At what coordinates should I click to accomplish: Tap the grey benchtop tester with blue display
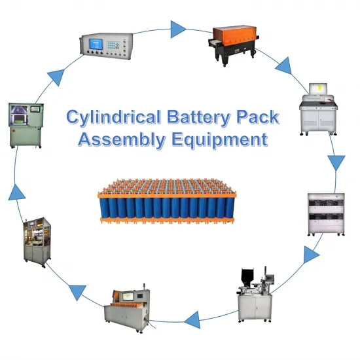coord(108,45)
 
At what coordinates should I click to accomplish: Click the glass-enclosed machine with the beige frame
coord(40,239)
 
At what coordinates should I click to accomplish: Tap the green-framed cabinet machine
coord(24,124)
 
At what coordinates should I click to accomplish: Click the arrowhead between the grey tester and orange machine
coord(177,27)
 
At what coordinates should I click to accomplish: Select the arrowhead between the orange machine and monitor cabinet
coord(284,66)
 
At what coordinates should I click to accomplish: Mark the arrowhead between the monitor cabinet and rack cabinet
coord(336,162)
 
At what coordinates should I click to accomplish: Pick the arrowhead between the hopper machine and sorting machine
coord(192,319)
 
